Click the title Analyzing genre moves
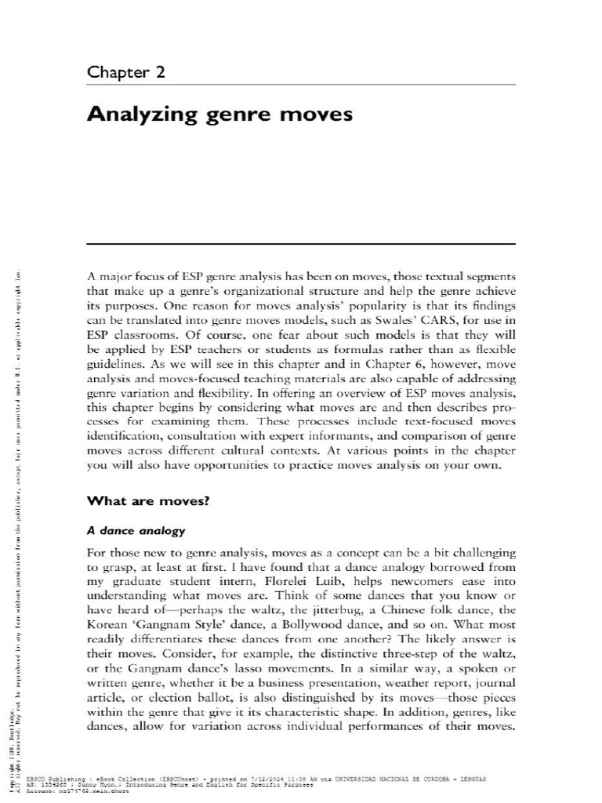pos(220,114)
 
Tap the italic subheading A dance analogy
pos(136,531)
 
